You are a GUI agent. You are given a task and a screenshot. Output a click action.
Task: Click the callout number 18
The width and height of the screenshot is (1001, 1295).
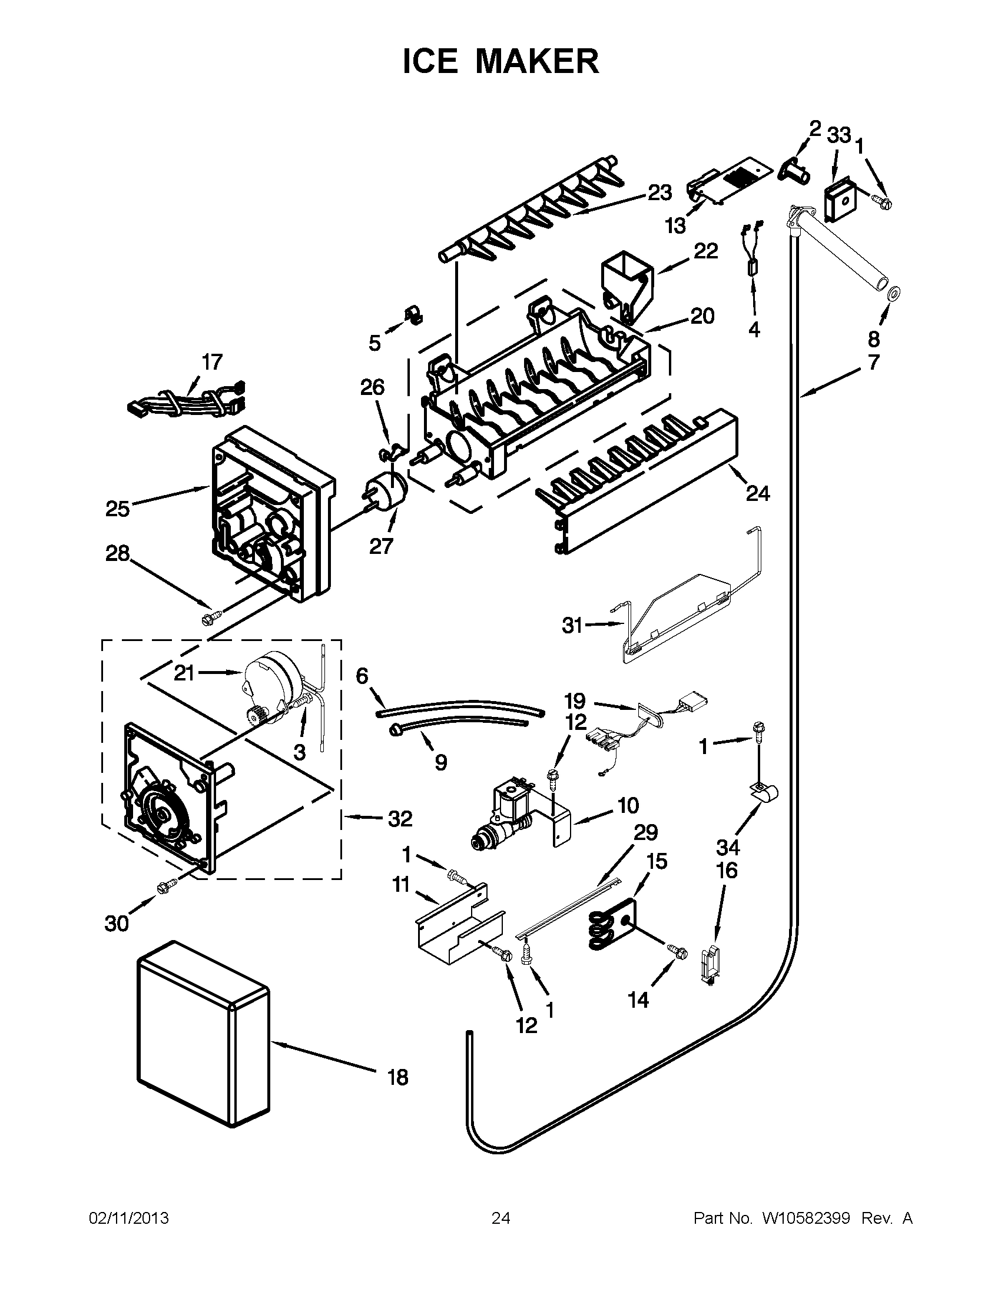tap(398, 1077)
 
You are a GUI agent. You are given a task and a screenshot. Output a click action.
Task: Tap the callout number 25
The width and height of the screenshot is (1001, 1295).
tap(117, 508)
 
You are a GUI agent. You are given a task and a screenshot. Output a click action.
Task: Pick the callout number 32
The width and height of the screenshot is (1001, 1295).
tap(400, 819)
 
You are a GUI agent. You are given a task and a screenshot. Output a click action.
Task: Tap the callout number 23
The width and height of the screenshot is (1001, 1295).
tap(659, 192)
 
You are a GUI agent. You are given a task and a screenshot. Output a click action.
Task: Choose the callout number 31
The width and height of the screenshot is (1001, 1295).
tap(572, 625)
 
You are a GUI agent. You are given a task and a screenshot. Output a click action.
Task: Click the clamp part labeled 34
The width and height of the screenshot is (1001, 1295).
tap(764, 792)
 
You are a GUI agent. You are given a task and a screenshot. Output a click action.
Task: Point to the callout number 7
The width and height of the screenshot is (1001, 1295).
tap(873, 361)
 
